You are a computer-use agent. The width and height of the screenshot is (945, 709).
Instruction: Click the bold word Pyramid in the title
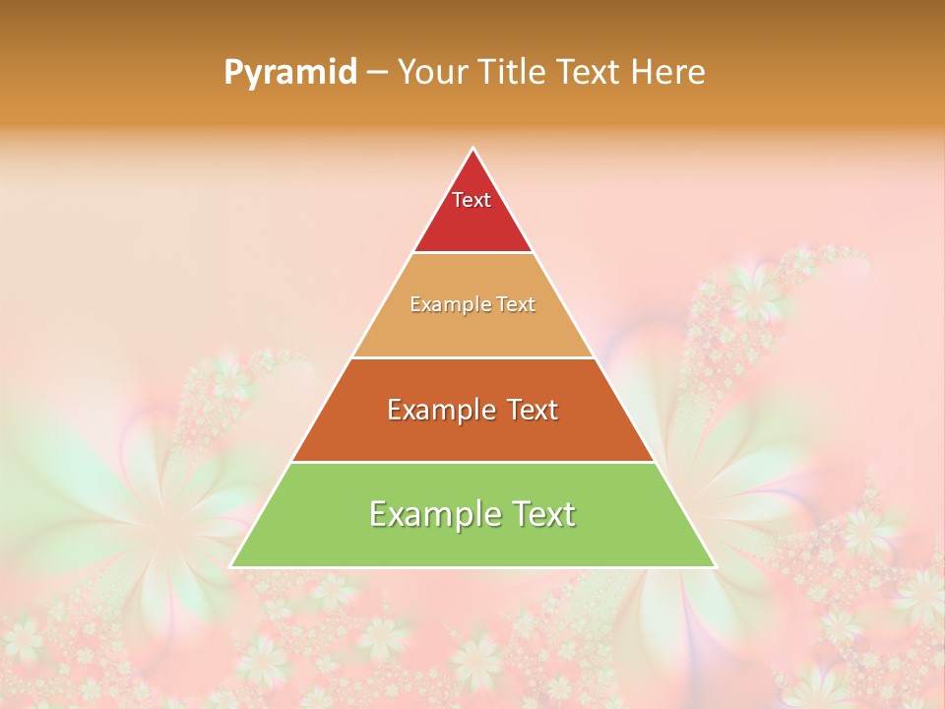point(290,73)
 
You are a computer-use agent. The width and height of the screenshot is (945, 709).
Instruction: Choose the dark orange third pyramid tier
point(472,433)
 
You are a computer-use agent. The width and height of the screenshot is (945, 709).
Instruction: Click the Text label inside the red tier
point(472,200)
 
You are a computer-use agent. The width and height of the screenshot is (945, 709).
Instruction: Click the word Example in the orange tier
point(440,410)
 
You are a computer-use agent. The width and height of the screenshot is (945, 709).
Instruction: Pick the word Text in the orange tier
point(529,410)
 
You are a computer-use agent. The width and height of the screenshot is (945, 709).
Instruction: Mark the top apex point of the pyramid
point(472,149)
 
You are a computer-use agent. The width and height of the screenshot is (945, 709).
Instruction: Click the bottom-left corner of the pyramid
point(231,566)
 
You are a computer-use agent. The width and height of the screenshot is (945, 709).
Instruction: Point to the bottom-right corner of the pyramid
point(715,566)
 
